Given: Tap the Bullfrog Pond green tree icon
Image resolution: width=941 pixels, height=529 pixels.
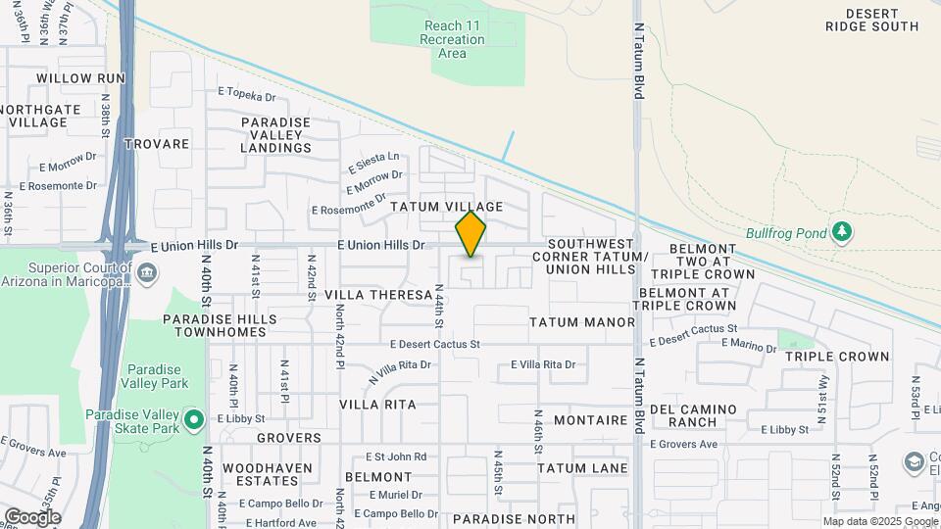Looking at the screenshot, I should pyautogui.click(x=841, y=232).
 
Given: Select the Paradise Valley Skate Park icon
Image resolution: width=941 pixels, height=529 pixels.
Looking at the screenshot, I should pyautogui.click(x=194, y=421).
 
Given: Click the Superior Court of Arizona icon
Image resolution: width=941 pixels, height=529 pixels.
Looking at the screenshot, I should pyautogui.click(x=147, y=270).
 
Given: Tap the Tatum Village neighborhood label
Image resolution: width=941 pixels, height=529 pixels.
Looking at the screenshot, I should pyautogui.click(x=447, y=207).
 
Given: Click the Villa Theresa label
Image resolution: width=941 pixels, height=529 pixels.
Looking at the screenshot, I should pyautogui.click(x=378, y=295).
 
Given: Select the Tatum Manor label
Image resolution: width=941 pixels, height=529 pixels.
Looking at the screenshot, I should pyautogui.click(x=582, y=322).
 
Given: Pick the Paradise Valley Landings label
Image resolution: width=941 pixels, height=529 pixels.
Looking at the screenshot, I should pyautogui.click(x=276, y=135).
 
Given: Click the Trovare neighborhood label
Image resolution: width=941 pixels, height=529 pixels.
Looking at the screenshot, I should pyautogui.click(x=157, y=144).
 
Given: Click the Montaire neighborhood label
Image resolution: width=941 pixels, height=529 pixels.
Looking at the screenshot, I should pyautogui.click(x=590, y=419).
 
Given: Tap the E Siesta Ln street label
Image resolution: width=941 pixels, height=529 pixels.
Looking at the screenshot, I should pyautogui.click(x=373, y=158).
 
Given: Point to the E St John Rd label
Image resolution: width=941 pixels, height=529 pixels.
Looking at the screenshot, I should pyautogui.click(x=396, y=457).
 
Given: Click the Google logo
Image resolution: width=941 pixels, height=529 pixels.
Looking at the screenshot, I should pyautogui.click(x=32, y=517).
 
